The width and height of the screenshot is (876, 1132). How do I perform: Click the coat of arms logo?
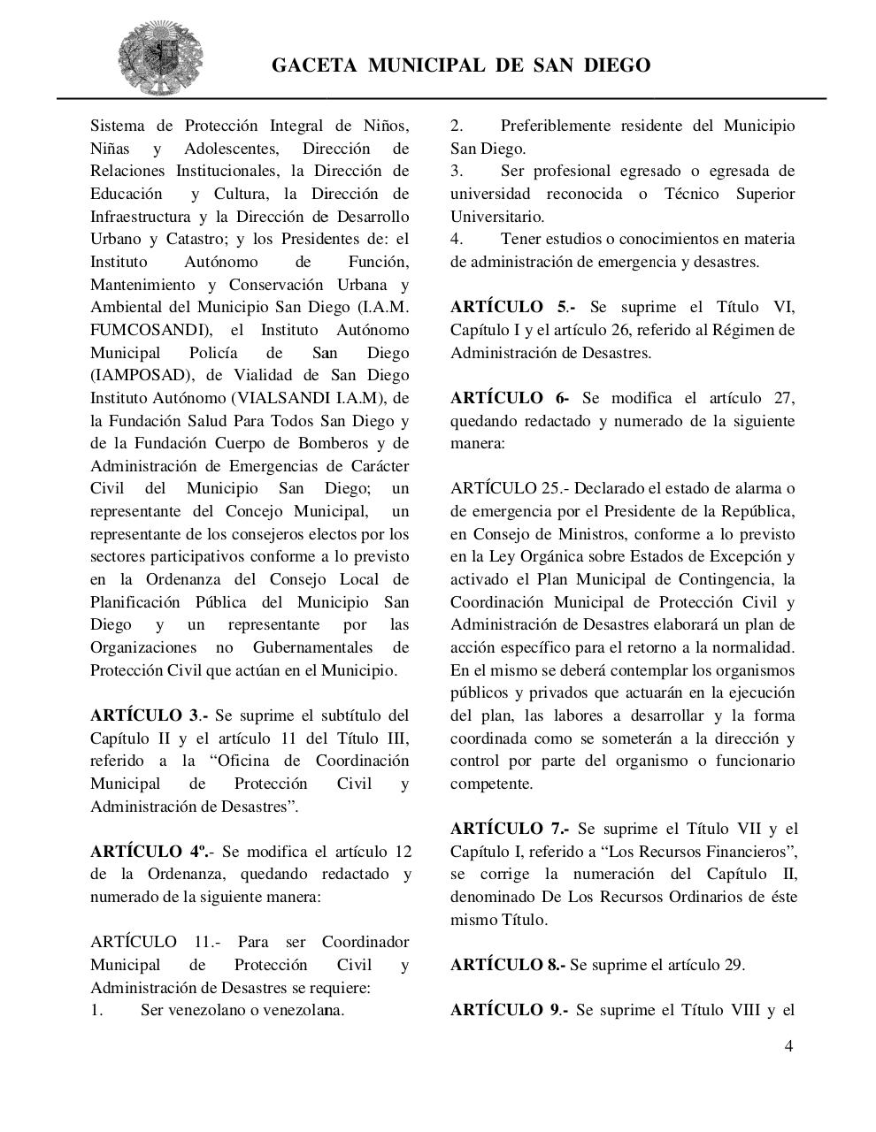point(162,57)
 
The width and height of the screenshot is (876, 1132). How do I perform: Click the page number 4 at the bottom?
point(788,1047)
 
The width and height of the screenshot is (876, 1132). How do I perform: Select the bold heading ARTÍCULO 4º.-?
point(151,852)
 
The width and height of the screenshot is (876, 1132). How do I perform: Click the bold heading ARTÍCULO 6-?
point(510,398)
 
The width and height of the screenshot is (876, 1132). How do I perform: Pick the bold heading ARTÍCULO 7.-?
point(510,829)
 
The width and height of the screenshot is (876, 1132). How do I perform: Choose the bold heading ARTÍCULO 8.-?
point(507,965)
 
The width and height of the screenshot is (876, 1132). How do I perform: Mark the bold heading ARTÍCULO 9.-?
point(509,1010)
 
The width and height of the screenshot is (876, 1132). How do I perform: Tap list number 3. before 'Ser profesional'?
point(457,171)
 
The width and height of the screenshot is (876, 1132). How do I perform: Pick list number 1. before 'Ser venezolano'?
point(96,1010)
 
